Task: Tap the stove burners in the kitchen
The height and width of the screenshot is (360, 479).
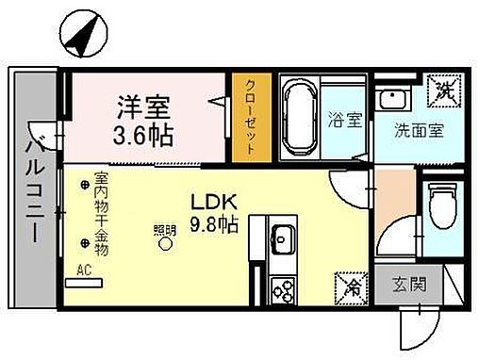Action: tap(282, 290)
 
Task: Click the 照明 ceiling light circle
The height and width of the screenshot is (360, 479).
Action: tap(165, 243)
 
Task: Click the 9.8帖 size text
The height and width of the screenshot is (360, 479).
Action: tap(214, 226)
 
